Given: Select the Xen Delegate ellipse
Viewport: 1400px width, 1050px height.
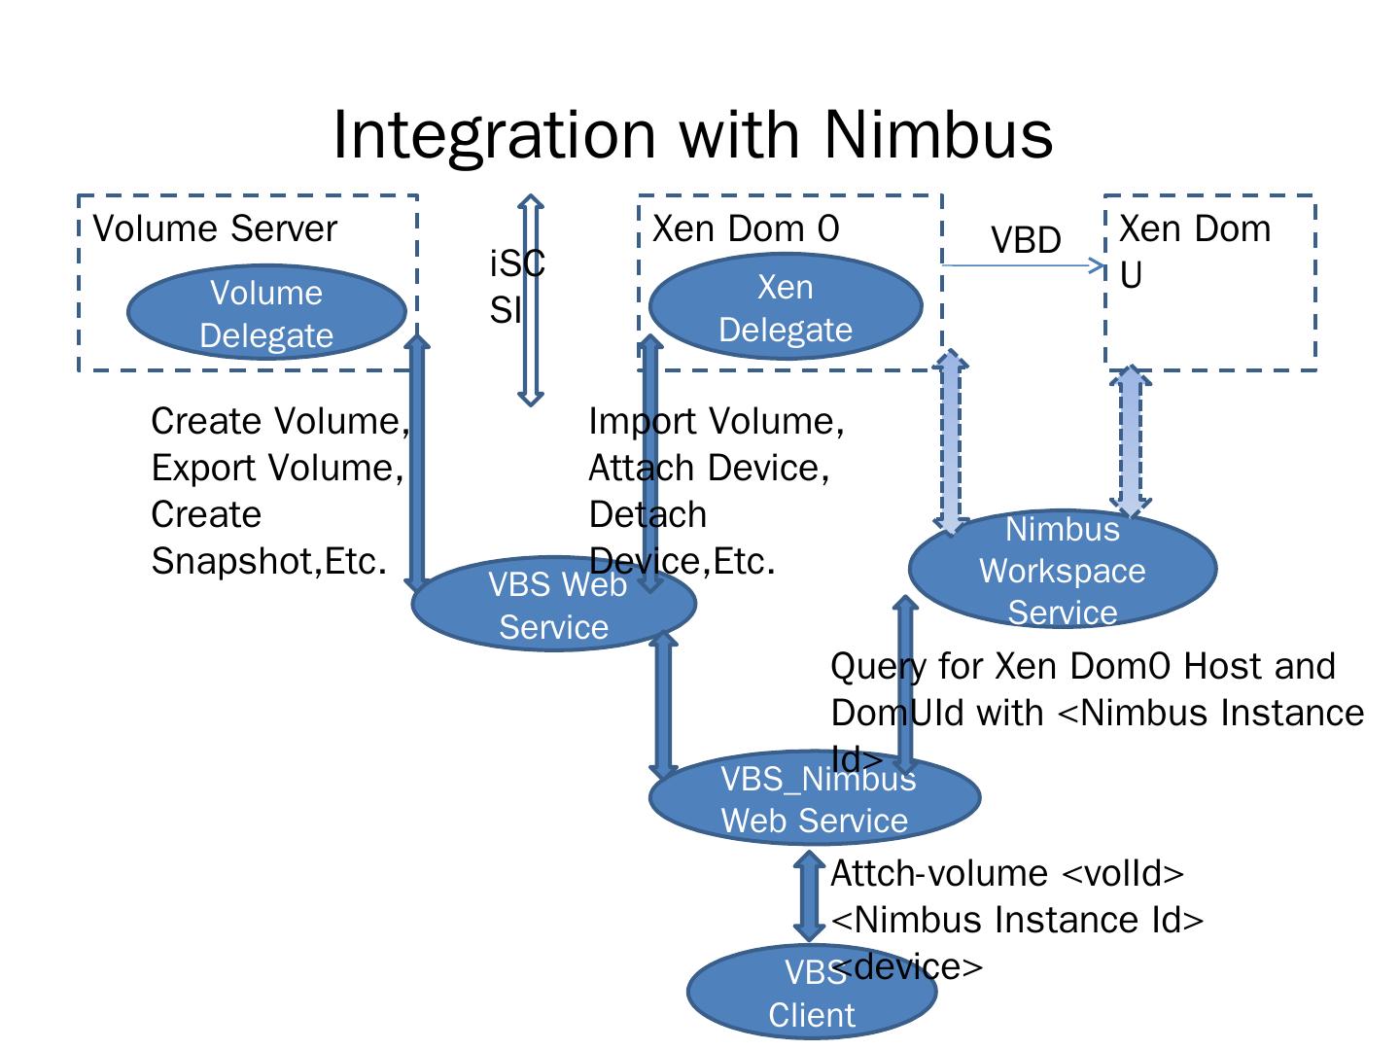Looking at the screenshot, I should [785, 307].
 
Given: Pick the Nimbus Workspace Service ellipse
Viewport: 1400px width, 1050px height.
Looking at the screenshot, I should [1062, 570].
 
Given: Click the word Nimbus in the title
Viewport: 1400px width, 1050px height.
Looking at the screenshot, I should [938, 134].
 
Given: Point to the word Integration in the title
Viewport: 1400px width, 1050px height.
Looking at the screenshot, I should [495, 134].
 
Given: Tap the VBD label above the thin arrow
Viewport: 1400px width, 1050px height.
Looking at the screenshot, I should [1025, 240].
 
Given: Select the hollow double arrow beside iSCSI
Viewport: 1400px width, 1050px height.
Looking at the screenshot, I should [531, 299].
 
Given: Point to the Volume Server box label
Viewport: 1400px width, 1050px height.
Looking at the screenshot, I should [215, 229].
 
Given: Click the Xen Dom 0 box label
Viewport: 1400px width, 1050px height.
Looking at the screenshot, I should [745, 229].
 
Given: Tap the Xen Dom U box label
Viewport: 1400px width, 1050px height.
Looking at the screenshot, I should [1194, 250].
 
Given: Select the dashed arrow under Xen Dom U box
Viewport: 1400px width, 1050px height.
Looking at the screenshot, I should [1131, 441].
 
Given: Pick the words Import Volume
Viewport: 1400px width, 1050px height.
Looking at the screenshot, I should [716, 422].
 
